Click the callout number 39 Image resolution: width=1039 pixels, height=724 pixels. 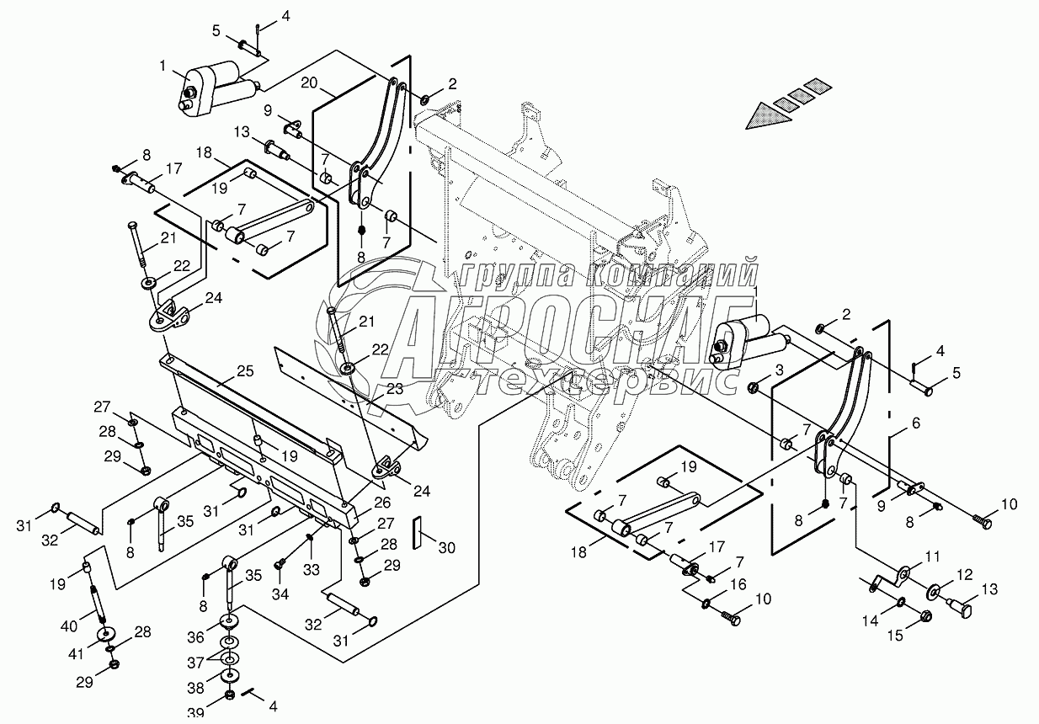195,714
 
